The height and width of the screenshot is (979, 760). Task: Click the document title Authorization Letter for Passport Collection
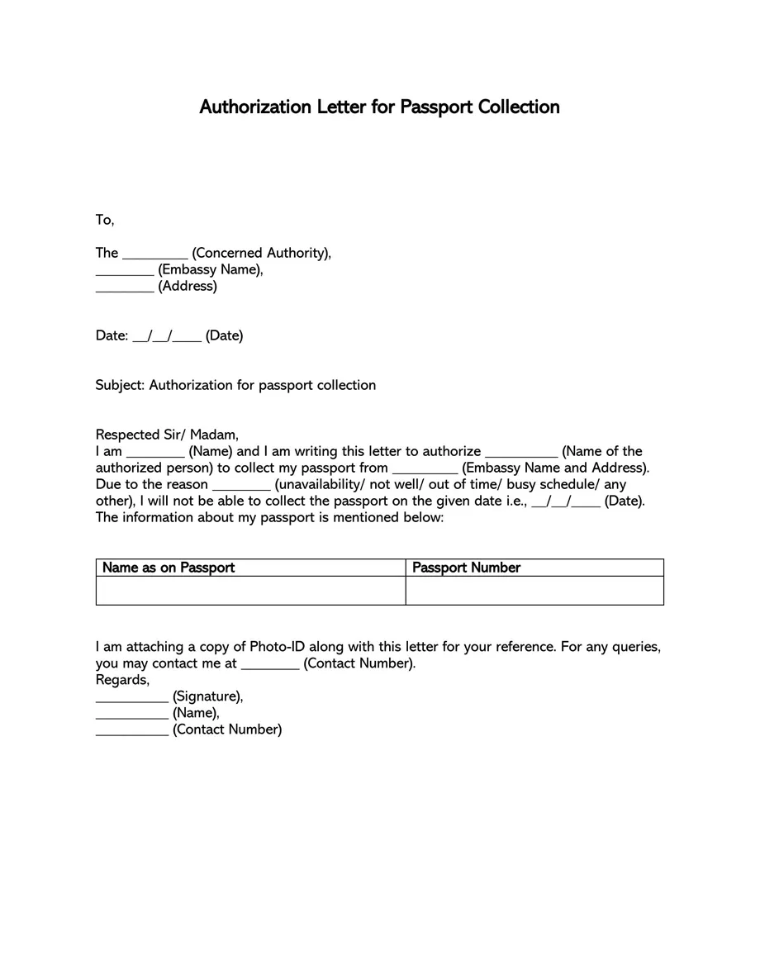point(379,107)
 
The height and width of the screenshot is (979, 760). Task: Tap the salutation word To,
point(105,220)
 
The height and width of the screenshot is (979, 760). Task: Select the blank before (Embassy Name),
point(125,271)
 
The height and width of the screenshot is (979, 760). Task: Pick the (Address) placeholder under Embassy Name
point(188,287)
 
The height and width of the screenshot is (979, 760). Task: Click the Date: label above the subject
point(112,336)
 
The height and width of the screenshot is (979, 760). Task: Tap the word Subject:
point(120,385)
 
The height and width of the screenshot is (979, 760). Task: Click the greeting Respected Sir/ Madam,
point(167,435)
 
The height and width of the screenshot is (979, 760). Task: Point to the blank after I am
point(155,453)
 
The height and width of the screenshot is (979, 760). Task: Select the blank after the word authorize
point(521,453)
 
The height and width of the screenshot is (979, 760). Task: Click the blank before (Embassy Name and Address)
point(425,469)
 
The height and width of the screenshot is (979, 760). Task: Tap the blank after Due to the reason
point(241,486)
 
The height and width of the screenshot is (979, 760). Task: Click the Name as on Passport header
point(169,568)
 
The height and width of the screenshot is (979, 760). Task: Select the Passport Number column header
point(466,568)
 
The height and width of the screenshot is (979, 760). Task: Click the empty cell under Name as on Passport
point(250,591)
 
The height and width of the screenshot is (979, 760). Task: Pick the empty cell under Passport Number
point(534,591)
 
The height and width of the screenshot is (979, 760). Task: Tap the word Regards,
point(122,680)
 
